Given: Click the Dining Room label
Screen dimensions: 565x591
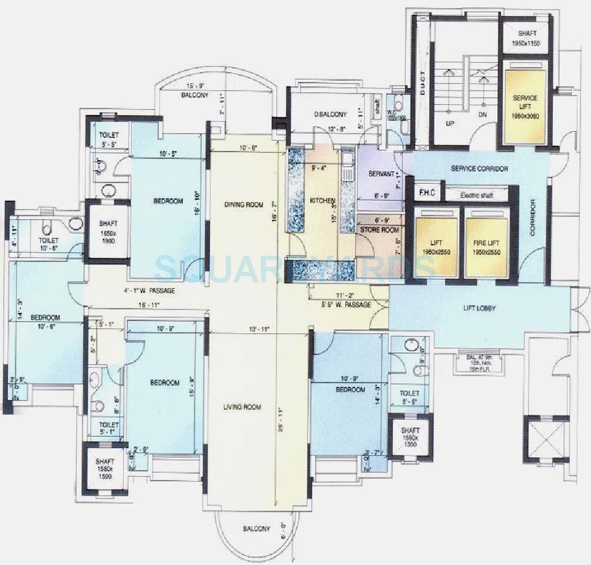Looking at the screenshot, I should [x=243, y=205].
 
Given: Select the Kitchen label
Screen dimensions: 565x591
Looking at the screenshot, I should [x=322, y=201].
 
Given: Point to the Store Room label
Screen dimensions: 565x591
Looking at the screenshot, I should [x=379, y=230].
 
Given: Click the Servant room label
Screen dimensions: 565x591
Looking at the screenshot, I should [x=381, y=174].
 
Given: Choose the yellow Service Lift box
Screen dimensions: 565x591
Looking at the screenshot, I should [x=525, y=107].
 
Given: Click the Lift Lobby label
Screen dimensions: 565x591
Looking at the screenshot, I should [x=480, y=308].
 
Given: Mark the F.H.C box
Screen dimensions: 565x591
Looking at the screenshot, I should [x=427, y=193].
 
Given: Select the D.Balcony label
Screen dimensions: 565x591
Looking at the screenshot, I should [x=331, y=114].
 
